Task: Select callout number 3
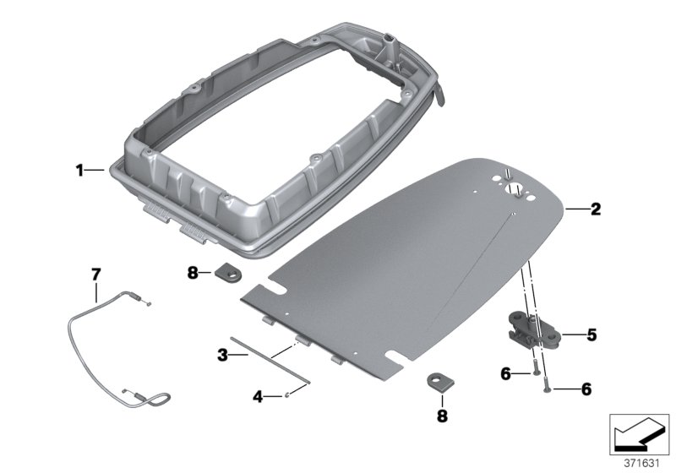[x=222, y=356]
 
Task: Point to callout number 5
[x=591, y=335]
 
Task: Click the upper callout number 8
[x=193, y=273]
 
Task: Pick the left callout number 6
[x=505, y=372]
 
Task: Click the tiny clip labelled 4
[x=288, y=393]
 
